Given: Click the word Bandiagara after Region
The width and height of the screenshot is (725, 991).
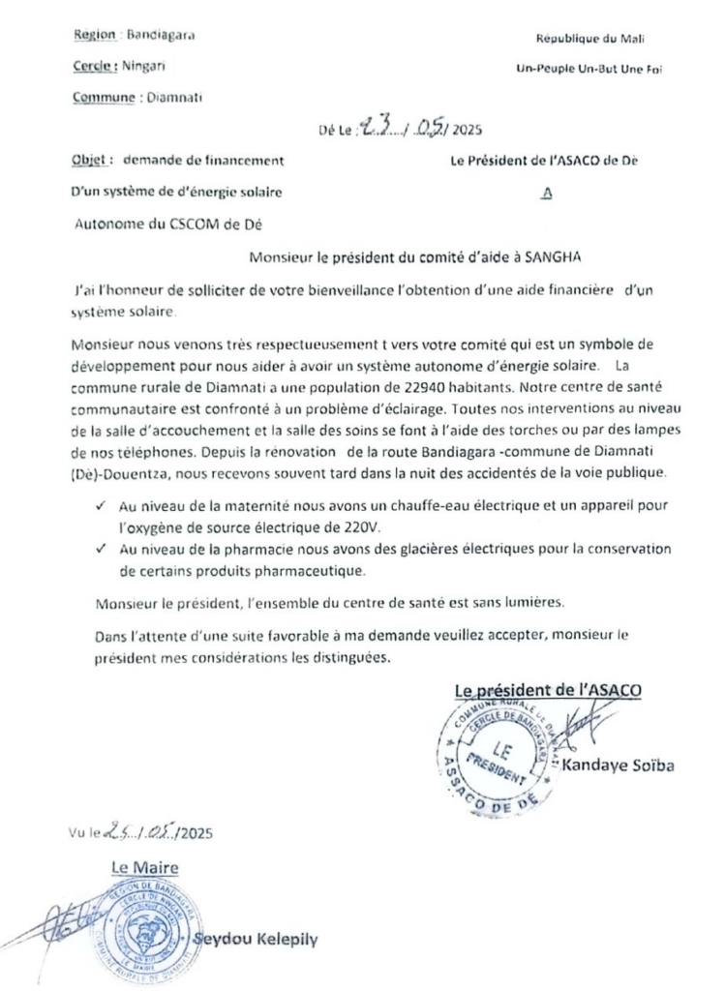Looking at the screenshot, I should [x=161, y=36].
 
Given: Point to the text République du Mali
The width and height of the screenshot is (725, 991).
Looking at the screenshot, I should [x=590, y=39].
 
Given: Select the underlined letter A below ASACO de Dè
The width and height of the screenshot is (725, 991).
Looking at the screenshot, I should [x=548, y=193].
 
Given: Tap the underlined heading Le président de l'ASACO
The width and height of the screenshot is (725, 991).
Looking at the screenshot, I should [x=548, y=691].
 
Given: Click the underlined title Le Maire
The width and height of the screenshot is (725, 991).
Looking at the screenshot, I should [x=144, y=868].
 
